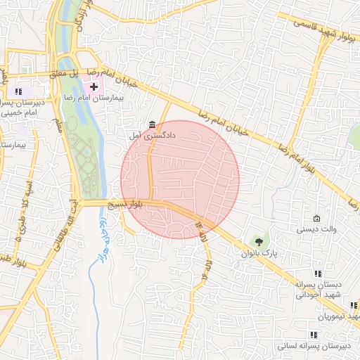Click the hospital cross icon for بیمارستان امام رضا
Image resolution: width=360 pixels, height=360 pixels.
[94, 86]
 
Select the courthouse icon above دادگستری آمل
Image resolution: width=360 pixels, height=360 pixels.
[153, 124]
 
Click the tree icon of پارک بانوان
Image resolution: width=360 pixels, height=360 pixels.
[259, 241]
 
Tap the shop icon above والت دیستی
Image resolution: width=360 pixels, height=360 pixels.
[316, 217]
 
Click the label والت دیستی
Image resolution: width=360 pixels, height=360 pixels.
[314, 229]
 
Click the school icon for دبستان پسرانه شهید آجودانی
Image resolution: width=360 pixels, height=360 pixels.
[319, 274]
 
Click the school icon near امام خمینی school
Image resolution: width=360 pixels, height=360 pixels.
[18, 91]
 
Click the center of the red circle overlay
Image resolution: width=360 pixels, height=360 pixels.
[180, 179]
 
